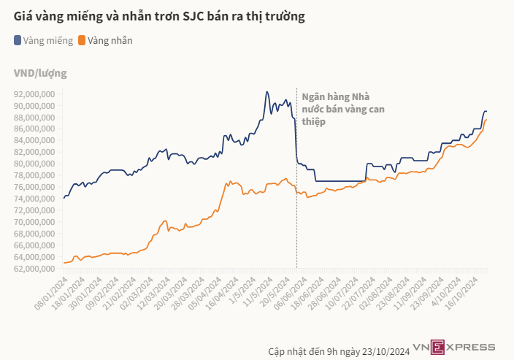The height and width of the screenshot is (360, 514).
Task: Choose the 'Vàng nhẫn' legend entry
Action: click(x=110, y=41)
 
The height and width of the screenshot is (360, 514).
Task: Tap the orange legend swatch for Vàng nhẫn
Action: click(x=82, y=41)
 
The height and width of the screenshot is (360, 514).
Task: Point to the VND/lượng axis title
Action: click(x=40, y=73)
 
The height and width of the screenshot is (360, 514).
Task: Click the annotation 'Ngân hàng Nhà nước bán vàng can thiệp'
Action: click(x=337, y=109)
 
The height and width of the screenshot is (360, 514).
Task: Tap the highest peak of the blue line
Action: click(x=267, y=92)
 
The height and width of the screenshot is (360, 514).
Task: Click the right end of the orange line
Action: click(x=486, y=120)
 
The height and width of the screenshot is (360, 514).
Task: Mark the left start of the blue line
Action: click(x=64, y=198)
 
